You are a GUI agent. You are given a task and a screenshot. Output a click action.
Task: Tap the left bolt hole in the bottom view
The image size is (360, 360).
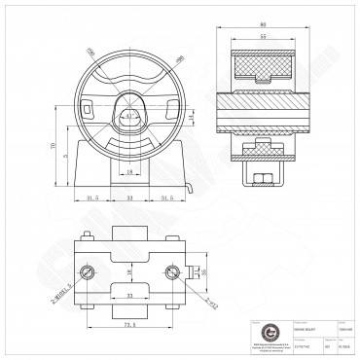89,270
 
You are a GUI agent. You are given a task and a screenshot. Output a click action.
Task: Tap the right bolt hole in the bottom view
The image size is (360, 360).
172,270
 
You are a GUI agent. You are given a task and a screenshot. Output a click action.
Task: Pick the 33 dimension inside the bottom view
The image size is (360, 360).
129,291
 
